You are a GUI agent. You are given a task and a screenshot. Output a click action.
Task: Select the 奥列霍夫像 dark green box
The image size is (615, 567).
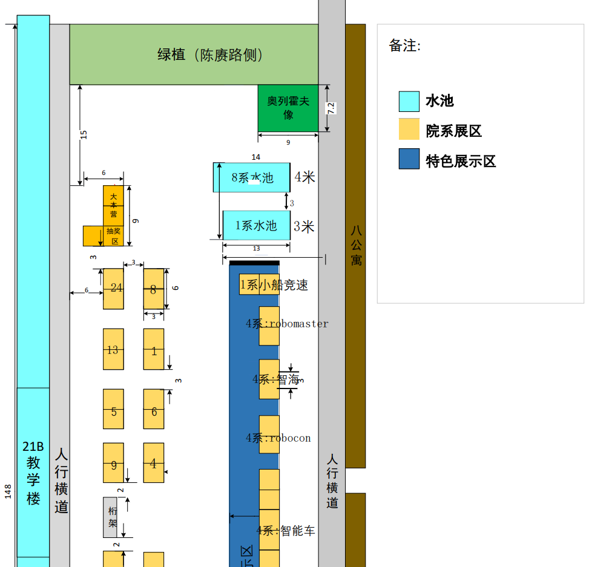click(x=288, y=108)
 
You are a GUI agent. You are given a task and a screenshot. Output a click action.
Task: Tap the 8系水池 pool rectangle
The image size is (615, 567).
click(x=252, y=177)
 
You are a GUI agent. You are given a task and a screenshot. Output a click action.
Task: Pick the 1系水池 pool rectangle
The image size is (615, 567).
click(x=256, y=226)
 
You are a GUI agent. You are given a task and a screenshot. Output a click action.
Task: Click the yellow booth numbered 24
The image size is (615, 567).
click(x=113, y=289)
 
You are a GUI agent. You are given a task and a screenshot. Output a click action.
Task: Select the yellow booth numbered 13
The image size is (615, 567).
click(x=113, y=349)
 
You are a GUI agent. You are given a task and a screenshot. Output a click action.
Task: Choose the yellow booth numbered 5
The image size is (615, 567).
click(x=113, y=409)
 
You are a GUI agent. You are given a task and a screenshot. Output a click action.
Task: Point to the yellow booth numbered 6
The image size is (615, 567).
click(x=154, y=409)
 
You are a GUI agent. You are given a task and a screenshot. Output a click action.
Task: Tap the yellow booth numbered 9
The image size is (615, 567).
click(x=113, y=463)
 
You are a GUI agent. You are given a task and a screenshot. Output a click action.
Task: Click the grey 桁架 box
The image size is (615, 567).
click(x=111, y=517)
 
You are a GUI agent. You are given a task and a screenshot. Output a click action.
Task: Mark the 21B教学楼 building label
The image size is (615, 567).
click(x=33, y=472)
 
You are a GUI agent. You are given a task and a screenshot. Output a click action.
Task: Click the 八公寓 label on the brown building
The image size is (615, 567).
click(x=356, y=245)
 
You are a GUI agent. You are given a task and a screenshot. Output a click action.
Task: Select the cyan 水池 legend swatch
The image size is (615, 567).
click(x=409, y=101)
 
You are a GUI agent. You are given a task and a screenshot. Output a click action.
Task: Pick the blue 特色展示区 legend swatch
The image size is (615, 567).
click(x=409, y=159)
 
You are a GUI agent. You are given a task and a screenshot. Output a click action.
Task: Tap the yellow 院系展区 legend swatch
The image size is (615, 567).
click(x=409, y=129)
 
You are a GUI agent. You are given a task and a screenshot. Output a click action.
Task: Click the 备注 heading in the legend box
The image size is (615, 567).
click(x=404, y=45)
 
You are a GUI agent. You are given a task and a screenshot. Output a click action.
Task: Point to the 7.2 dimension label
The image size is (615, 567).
click(x=331, y=108)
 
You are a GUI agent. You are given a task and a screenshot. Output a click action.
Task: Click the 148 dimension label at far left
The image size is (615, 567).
click(x=8, y=491)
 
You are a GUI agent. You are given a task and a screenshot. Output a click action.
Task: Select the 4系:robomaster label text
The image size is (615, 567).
click(x=287, y=324)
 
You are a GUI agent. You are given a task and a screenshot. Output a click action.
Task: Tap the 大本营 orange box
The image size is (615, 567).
click(x=113, y=205)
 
